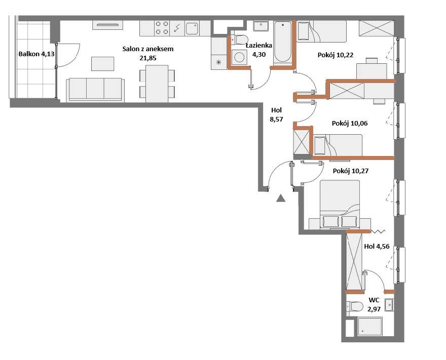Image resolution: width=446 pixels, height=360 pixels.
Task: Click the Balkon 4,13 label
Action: [x=36, y=54]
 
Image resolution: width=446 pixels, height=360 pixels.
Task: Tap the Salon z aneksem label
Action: [x=148, y=53]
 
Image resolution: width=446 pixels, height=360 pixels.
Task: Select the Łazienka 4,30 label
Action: [x=259, y=50]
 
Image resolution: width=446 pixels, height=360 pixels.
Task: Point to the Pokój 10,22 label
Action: [x=336, y=55]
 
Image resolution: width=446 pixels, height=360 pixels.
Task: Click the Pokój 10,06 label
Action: [x=350, y=124]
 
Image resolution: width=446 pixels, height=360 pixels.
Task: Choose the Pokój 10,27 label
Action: [x=350, y=171]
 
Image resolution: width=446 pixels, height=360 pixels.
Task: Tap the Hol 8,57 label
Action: [x=277, y=114]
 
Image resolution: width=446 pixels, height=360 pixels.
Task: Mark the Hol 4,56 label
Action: [x=377, y=247]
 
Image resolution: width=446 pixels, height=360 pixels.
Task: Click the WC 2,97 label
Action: [x=374, y=305]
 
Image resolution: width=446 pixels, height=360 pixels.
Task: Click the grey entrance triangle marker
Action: [x=281, y=198]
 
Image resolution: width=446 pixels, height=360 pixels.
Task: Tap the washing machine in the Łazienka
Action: [x=239, y=57]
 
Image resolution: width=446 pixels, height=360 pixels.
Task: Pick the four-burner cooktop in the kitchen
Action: [x=162, y=28]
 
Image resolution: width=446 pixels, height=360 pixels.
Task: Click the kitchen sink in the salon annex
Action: [x=192, y=28]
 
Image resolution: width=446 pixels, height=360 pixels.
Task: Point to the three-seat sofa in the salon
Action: [x=95, y=90]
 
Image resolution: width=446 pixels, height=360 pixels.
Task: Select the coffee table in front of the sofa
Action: [x=103, y=64]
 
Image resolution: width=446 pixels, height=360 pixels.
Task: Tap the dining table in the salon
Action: [x=157, y=84]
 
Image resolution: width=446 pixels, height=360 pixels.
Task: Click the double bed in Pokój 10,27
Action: [x=340, y=204]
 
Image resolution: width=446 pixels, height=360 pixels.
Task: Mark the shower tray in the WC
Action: [x=370, y=326]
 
